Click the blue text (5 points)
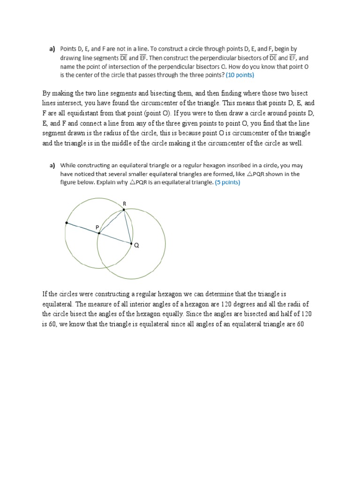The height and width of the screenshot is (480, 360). [x=227, y=182]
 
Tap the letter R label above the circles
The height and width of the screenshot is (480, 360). [x=124, y=203]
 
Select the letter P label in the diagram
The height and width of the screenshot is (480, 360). [x=97, y=227]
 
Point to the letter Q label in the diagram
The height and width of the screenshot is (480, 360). [x=136, y=245]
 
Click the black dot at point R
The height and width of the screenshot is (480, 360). [x=124, y=210]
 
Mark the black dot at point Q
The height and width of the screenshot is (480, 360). [x=131, y=243]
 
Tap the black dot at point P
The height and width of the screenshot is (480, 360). [x=99, y=232]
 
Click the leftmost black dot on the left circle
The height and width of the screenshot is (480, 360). [x=67, y=223]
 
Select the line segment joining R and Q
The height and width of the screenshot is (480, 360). [x=127, y=226]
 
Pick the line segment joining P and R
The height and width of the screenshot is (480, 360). [x=111, y=221]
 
